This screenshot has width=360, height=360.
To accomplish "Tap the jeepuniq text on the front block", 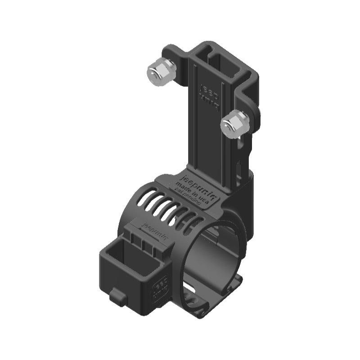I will click(152, 228).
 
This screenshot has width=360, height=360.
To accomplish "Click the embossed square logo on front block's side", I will click(161, 288).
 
